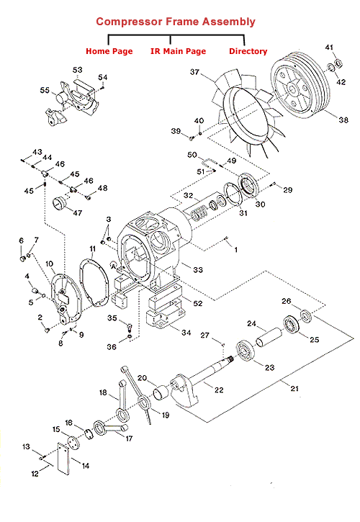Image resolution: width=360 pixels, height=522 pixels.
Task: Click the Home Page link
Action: point(109,51)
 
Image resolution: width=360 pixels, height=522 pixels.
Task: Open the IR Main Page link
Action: point(178,51)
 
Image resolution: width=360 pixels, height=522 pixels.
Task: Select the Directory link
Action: point(248,51)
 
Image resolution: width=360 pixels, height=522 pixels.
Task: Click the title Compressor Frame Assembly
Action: point(176,22)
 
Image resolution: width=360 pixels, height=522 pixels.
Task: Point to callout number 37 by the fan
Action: point(194,72)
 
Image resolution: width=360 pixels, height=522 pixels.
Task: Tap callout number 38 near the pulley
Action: point(343,120)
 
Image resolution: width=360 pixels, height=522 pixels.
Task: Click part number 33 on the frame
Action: point(198,270)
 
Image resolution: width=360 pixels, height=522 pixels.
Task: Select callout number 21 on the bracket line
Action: point(294,388)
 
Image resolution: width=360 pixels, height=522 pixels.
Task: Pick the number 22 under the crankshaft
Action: point(219,390)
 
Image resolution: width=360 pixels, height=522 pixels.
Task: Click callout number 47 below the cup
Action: point(77,212)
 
